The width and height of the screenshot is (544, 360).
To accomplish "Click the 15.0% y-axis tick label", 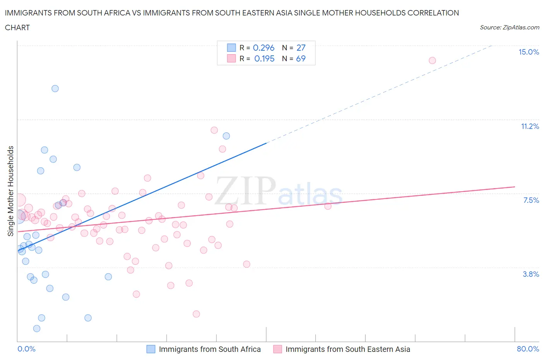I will pyautogui.click(x=529, y=52).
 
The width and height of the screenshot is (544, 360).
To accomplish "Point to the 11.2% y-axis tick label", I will pyautogui.click(x=530, y=127).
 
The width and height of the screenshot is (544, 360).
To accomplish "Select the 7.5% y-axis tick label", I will pyautogui.click(x=531, y=201).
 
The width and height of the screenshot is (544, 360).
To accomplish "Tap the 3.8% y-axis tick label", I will pyautogui.click(x=531, y=274).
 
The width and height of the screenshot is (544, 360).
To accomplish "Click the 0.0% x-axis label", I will pyautogui.click(x=26, y=349).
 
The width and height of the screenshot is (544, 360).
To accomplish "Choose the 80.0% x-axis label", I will pyautogui.click(x=528, y=349).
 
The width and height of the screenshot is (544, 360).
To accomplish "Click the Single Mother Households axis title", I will pyautogui.click(x=11, y=191).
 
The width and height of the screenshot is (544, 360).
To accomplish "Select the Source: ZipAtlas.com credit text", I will pyautogui.click(x=509, y=27).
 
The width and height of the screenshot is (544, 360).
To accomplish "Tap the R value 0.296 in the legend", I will pyautogui.click(x=263, y=48).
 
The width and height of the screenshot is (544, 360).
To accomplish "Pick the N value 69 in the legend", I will pyautogui.click(x=301, y=58).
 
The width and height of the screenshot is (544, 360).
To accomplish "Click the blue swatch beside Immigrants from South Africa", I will pyautogui.click(x=151, y=349).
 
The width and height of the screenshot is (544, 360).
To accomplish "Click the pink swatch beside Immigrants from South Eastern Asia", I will pyautogui.click(x=277, y=349).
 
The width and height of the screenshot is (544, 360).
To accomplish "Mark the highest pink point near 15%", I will pyautogui.click(x=432, y=60).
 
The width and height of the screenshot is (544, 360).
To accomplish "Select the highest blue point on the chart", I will pyautogui.click(x=55, y=89).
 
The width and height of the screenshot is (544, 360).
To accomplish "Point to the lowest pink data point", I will pyautogui.click(x=196, y=314).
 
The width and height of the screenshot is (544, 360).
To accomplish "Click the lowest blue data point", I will pyautogui.click(x=37, y=329).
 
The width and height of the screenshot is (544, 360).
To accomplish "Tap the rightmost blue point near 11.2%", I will pyautogui.click(x=226, y=136).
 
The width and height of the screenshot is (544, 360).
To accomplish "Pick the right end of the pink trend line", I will pyautogui.click(x=515, y=187).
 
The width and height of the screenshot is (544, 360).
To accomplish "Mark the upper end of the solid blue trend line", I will pyautogui.click(x=266, y=143).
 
